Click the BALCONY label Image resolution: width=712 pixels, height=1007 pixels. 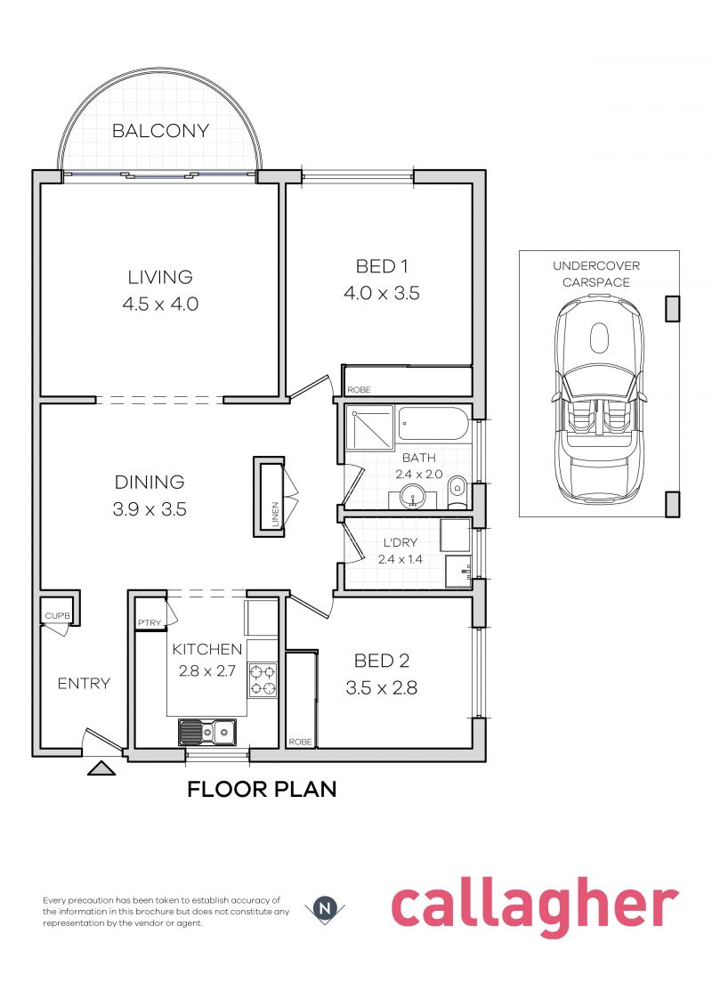click(160, 131)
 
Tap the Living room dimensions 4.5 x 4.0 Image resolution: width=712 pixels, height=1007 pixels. click(160, 304)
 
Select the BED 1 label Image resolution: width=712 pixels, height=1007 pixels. click(382, 266)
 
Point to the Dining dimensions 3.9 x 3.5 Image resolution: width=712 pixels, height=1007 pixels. click(150, 509)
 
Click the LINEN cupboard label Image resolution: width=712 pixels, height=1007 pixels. click(275, 515)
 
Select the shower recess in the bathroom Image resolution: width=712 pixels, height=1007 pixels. click(370, 427)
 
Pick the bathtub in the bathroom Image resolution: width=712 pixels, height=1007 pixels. click(432, 423)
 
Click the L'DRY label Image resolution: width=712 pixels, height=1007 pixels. click(400, 542)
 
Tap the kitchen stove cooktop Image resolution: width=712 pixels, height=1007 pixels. click(263, 681)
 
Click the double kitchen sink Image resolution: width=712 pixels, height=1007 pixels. click(207, 732)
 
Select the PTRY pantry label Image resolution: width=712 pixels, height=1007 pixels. click(150, 623)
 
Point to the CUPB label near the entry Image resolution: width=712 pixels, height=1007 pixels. click(57, 616)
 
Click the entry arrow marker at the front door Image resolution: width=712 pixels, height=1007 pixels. click(101, 767)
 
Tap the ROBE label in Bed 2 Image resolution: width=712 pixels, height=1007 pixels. click(301, 742)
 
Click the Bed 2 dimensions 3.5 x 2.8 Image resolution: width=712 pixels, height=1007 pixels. click(381, 688)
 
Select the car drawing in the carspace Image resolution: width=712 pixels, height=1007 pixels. click(599, 398)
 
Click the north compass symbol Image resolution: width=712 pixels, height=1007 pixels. click(328, 909)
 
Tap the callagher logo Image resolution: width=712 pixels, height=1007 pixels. click(535, 909)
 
